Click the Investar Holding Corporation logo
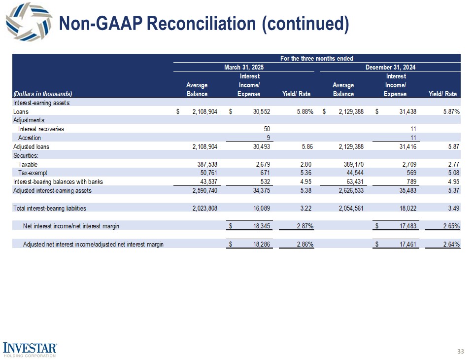click(31, 349)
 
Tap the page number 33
click(461, 351)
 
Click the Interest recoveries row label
click(41, 129)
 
